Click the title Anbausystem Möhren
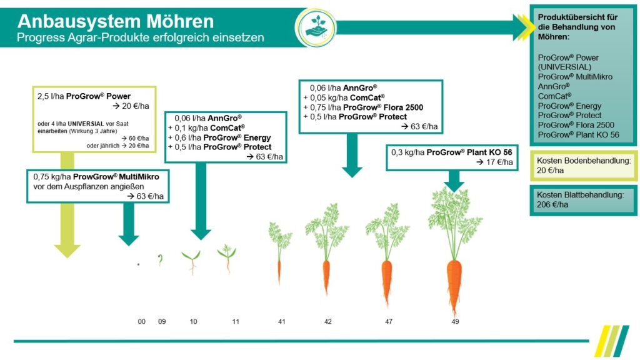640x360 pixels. tap(116, 21)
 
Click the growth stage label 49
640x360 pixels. tap(455, 321)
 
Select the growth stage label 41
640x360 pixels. tap(282, 321)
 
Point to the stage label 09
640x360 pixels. tap(161, 321)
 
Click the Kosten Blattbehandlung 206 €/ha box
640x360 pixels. tap(583, 199)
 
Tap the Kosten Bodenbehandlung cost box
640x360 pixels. tap(583, 165)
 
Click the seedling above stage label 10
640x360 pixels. tap(192, 261)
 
